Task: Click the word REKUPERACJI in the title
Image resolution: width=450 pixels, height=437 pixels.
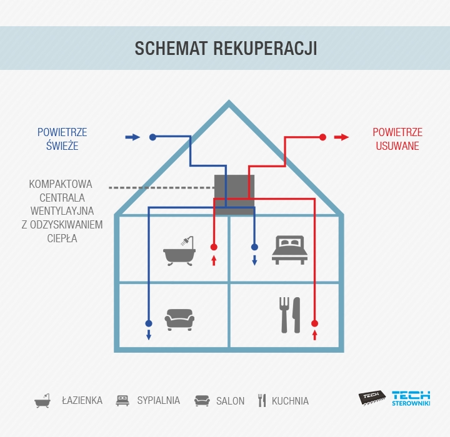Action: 265,48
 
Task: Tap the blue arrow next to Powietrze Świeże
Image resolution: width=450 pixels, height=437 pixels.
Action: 132,137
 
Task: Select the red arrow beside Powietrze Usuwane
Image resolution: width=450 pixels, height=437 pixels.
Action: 341,137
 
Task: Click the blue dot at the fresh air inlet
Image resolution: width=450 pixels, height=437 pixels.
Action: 152,137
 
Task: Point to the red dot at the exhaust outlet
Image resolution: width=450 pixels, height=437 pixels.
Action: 322,137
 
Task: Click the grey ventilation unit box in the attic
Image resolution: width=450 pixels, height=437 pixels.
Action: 234,195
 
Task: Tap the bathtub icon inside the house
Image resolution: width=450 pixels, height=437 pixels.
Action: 179,251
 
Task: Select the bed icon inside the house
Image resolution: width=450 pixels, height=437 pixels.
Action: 289,250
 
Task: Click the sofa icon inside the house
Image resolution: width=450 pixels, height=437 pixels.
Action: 179,320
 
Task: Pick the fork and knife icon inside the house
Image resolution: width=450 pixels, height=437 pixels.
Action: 289,315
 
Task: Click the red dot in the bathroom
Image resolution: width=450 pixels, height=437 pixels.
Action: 214,247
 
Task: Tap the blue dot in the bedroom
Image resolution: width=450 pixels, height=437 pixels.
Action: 254,247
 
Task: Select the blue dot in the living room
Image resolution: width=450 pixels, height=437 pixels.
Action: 149,323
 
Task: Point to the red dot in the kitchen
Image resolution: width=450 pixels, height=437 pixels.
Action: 314,323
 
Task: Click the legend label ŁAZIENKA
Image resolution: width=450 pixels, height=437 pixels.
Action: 82,400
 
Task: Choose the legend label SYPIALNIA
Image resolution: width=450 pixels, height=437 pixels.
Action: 158,400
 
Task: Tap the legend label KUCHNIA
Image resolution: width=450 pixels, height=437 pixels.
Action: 290,401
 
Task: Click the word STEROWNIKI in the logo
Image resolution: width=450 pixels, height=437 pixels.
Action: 411,403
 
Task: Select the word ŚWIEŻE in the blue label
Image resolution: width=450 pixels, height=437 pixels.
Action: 62,145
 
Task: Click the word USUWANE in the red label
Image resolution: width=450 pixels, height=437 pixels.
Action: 397,146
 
